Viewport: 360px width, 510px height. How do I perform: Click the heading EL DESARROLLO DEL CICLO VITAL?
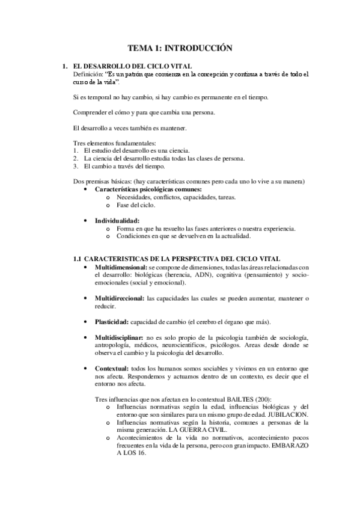tap(124, 66)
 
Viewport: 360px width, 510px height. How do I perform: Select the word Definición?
tap(86, 74)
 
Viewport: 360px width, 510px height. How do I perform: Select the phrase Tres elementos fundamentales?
tap(113, 143)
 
